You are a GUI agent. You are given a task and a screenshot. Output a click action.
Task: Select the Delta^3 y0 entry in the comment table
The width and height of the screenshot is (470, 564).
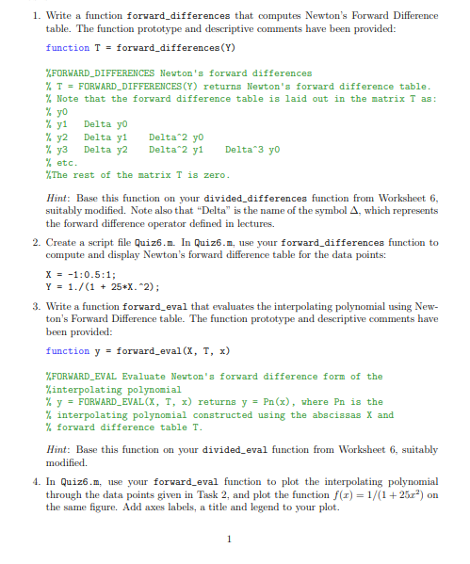[253, 149]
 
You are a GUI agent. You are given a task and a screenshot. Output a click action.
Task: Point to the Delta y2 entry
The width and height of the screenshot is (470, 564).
[105, 149]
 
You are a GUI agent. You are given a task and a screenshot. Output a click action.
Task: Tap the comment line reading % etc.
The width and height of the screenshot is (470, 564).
[61, 162]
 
